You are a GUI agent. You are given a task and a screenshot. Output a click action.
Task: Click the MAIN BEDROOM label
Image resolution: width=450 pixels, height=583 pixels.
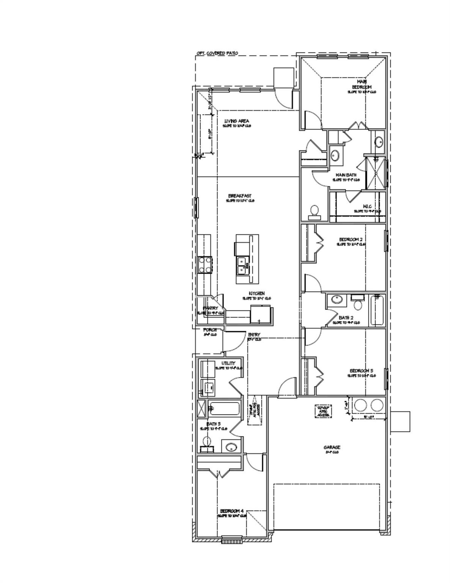[x=362, y=84]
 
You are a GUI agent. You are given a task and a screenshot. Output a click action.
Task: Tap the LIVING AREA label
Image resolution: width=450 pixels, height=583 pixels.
[x=236, y=121]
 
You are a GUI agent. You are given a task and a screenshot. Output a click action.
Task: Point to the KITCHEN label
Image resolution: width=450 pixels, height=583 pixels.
[x=256, y=293]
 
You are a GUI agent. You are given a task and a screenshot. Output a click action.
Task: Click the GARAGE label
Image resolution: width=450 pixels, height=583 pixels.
[x=332, y=447]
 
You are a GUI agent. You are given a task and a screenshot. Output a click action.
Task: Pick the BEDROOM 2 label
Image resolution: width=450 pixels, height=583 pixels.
[x=351, y=240]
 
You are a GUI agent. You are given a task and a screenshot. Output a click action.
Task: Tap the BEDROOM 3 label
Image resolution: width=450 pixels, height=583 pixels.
[x=361, y=371]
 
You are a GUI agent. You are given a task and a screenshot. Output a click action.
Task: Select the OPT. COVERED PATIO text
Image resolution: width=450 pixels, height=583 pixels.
[x=217, y=53]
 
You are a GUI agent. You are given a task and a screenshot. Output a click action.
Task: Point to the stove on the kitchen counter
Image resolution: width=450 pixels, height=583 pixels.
[x=205, y=265]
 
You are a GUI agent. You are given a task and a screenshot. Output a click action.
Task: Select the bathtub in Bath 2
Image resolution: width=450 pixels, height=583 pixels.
[x=378, y=310]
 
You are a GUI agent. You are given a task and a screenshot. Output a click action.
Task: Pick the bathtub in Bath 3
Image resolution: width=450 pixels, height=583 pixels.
[x=224, y=409]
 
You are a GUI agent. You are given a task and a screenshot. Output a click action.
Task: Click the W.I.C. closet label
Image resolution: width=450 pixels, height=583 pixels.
[x=367, y=206]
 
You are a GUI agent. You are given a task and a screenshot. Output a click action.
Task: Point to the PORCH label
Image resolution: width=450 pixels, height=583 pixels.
[x=210, y=330]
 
